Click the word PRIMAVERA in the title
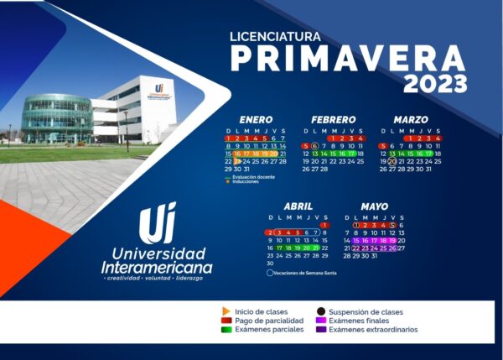(x=348, y=59)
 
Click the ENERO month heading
(x=256, y=120)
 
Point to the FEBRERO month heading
(x=333, y=120)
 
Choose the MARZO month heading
(x=410, y=120)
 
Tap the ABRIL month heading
(x=298, y=206)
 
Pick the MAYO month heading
(x=375, y=206)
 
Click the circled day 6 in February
(x=314, y=146)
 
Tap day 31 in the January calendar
(x=246, y=169)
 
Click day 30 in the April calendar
(x=270, y=263)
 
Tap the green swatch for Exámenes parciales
(x=226, y=330)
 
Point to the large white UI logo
(x=157, y=223)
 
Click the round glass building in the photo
(x=57, y=117)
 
